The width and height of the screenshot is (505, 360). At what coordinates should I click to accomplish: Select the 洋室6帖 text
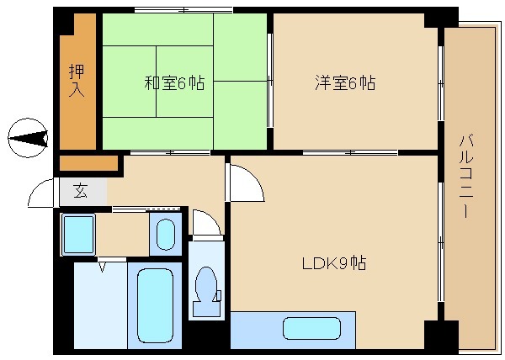point(345,83)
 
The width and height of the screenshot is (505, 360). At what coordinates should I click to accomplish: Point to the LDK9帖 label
point(334,262)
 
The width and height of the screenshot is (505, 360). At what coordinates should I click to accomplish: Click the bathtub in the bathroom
point(154,307)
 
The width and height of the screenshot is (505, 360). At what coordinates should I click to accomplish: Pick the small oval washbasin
point(165,233)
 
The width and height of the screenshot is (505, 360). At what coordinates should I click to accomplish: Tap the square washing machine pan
point(79,234)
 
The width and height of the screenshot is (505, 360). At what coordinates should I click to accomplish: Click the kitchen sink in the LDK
point(311,328)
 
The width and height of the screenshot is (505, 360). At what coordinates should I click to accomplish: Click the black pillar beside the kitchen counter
point(439,336)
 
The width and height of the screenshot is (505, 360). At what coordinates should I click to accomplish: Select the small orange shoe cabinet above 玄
point(88,161)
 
